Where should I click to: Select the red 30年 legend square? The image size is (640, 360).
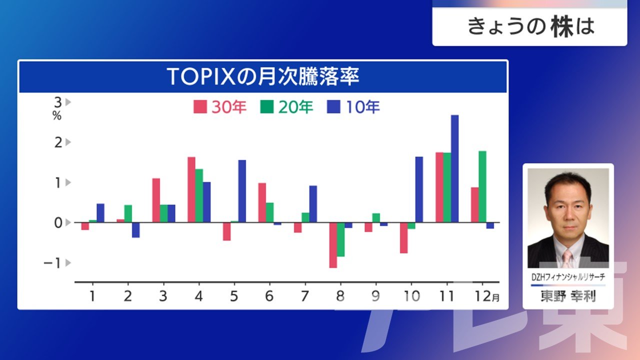pos(200,107)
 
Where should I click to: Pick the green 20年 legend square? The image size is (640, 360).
pos(267,107)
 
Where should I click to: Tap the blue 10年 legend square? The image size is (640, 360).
pos(333,107)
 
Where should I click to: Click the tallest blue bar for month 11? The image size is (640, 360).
pos(454,168)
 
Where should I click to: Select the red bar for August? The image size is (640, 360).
pos(333,245)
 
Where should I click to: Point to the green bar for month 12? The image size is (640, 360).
pos(482,186)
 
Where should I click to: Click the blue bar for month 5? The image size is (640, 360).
pos(242,191)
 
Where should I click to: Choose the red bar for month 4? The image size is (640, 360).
pos(191,189)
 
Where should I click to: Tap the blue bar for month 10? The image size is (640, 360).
pos(419,189)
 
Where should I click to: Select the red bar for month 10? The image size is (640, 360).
pos(403,237)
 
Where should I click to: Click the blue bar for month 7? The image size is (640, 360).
pos(313,204)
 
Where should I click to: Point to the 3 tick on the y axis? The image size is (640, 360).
pos(58,102)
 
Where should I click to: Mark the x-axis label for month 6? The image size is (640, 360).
pos(269,296)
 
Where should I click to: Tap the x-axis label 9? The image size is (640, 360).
pos(375,296)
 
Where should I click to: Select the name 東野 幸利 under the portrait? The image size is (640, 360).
pos(568,296)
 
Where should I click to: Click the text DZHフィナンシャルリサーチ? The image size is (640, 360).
pos(568,277)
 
